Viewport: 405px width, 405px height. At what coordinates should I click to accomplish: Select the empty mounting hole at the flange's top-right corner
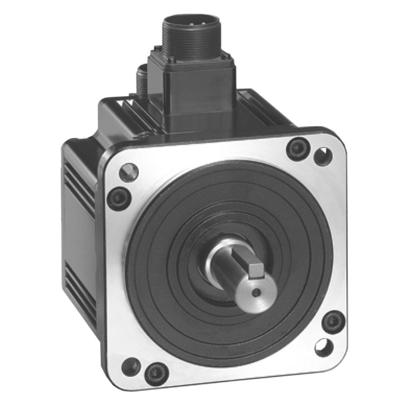pos(323,155)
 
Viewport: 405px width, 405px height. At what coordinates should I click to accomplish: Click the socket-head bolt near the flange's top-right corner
pos(298,148)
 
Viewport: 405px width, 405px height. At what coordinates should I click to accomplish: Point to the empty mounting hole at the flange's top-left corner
pos(129,172)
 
